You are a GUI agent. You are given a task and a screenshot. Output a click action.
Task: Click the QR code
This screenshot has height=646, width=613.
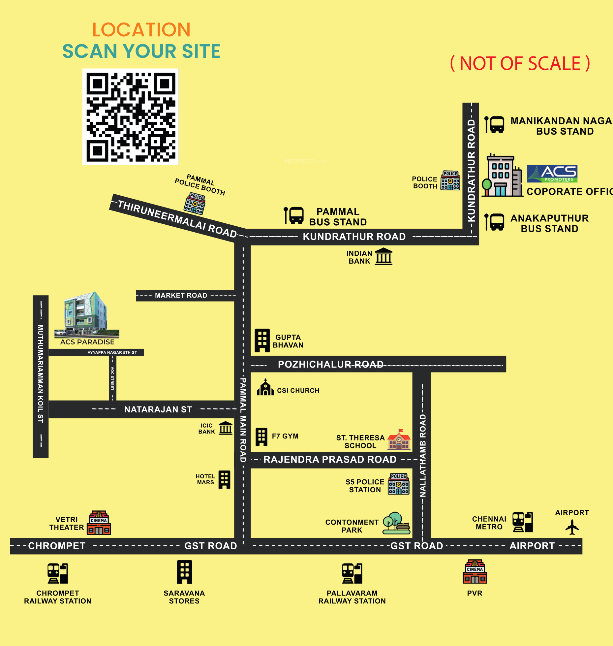click(130, 116)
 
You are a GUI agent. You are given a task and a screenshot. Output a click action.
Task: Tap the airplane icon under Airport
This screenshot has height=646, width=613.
click(572, 527)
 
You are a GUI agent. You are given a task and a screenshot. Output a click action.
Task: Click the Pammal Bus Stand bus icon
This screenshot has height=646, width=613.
click(294, 215)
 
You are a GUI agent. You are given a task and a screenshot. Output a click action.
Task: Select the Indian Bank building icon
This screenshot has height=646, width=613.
click(384, 257)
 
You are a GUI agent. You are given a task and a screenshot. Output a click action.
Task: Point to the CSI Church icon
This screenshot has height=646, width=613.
click(265, 388)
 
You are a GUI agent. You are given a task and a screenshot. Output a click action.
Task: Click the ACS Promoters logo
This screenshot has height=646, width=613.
click(552, 174)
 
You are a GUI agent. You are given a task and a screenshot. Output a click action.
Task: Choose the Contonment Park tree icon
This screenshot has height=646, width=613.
click(396, 523)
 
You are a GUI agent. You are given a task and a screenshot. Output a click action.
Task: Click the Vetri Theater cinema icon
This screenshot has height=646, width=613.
click(99, 523)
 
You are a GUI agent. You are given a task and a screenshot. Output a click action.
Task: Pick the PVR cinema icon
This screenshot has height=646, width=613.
click(475, 572)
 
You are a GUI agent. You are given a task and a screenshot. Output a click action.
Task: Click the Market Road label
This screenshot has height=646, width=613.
click(181, 295)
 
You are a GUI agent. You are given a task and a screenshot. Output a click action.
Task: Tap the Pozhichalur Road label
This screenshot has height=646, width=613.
click(330, 364)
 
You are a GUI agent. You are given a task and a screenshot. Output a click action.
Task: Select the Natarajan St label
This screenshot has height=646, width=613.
click(158, 409)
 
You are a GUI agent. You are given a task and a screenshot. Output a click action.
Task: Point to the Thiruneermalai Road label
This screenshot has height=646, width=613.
click(177, 219)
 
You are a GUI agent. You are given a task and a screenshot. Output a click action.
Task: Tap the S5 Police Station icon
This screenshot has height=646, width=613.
click(399, 484)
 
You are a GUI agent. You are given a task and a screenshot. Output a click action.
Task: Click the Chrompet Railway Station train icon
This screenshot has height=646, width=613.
click(58, 573)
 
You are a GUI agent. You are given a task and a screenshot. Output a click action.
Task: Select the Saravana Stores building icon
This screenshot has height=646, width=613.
click(184, 572)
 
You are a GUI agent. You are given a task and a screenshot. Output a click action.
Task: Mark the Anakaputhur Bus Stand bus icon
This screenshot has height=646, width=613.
click(494, 222)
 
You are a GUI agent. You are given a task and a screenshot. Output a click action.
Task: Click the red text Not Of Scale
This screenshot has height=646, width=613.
click(520, 63)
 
